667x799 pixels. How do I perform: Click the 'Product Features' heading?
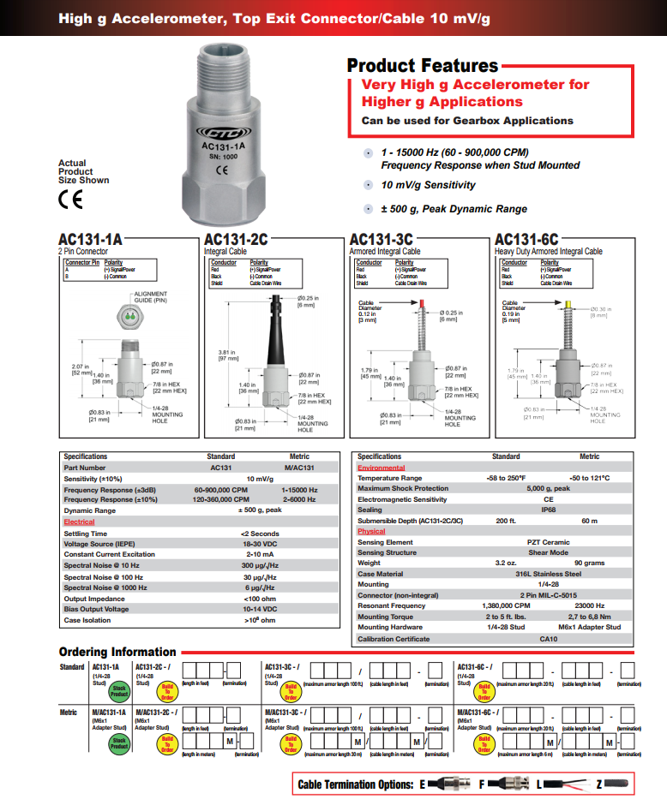(x=422, y=65)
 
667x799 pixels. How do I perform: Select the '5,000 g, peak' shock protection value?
(x=548, y=488)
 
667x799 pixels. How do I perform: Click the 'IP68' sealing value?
(x=548, y=509)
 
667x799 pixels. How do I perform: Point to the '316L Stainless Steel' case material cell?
(x=548, y=574)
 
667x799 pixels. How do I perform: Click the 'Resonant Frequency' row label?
(x=391, y=605)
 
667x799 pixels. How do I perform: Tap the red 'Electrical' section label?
(x=80, y=522)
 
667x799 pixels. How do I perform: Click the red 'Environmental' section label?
(x=381, y=468)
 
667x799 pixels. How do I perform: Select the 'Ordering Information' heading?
(x=117, y=652)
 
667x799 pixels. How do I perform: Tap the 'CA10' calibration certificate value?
(x=548, y=638)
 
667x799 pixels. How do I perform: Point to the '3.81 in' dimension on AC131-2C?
(x=226, y=355)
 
